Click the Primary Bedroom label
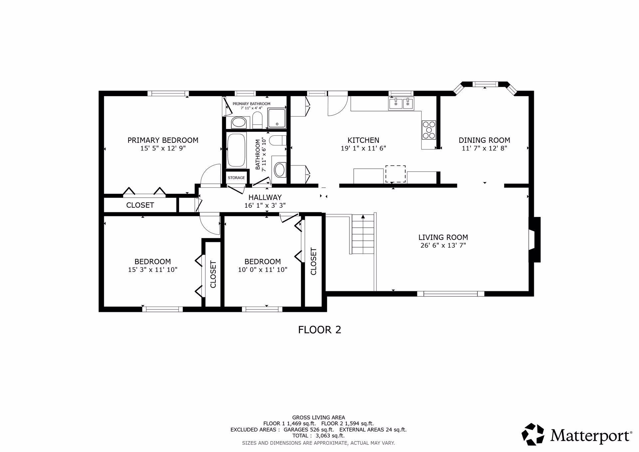163,140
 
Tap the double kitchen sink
401,104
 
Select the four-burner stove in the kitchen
429,130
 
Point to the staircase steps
363,235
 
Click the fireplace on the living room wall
534,240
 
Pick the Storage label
236,178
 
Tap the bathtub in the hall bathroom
236,150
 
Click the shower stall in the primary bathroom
277,118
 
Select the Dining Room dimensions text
484,148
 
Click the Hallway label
265,197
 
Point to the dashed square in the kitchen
395,174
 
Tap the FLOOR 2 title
319,330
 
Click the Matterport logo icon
532,434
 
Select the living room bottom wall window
451,294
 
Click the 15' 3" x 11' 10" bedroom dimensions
152,270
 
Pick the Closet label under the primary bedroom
140,205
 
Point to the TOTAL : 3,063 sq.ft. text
318,435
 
